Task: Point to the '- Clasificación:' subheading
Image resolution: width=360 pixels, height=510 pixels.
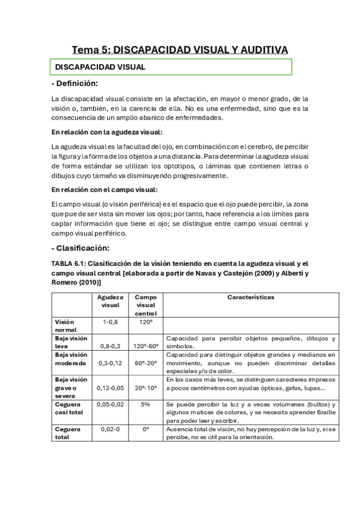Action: tap(81, 248)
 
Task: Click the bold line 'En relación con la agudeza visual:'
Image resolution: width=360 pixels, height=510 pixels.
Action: tap(106, 132)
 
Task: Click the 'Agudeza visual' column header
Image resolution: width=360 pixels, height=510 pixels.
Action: tap(111, 301)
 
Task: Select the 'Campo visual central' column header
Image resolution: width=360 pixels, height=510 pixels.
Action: tap(145, 305)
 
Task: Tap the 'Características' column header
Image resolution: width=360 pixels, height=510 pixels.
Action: tap(250, 297)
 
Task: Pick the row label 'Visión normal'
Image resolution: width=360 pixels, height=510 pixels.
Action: tap(66, 325)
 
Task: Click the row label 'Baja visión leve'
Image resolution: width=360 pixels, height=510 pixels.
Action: tap(70, 342)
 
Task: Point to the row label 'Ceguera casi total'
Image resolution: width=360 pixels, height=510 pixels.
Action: tap(70, 408)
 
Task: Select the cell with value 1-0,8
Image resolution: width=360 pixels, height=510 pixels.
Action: tap(111, 322)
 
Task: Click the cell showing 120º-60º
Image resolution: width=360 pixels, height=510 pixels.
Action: tap(145, 346)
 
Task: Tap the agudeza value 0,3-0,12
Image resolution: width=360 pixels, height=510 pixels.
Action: tap(111, 363)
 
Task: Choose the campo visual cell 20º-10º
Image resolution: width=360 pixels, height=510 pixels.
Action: tap(145, 388)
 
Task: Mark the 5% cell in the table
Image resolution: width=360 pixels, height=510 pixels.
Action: tap(145, 404)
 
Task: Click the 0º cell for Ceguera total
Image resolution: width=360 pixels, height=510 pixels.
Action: tap(145, 429)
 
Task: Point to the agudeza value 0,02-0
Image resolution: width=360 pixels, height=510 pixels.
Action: tap(111, 429)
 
